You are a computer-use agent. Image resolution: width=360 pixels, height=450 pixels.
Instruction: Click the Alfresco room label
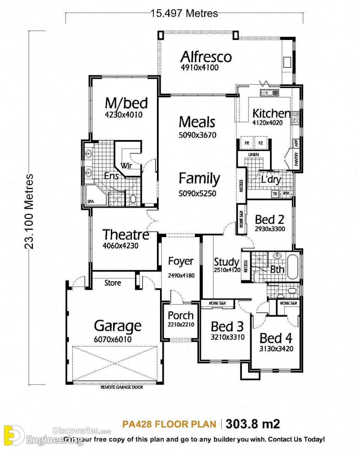tap(206, 57)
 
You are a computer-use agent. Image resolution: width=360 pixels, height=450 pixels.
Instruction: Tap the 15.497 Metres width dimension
tap(184, 13)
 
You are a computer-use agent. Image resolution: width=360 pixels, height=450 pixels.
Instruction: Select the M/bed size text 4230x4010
tap(123, 115)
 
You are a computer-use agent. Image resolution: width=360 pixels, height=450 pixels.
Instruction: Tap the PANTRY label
tap(297, 159)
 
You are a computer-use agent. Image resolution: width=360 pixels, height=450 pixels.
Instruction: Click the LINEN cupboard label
tap(253, 155)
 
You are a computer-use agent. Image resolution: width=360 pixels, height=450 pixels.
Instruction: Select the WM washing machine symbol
tap(286, 193)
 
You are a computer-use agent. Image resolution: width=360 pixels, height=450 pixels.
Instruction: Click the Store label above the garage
tap(113, 283)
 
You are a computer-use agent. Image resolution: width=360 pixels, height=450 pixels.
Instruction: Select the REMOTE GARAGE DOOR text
tap(121, 387)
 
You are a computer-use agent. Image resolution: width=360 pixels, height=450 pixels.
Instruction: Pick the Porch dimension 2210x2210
tap(181, 324)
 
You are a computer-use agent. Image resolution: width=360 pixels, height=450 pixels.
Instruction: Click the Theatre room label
tap(126, 235)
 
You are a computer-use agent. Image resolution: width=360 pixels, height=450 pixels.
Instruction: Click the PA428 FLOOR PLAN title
tap(169, 424)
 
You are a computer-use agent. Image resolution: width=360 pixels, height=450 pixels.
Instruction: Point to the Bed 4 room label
tap(276, 338)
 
